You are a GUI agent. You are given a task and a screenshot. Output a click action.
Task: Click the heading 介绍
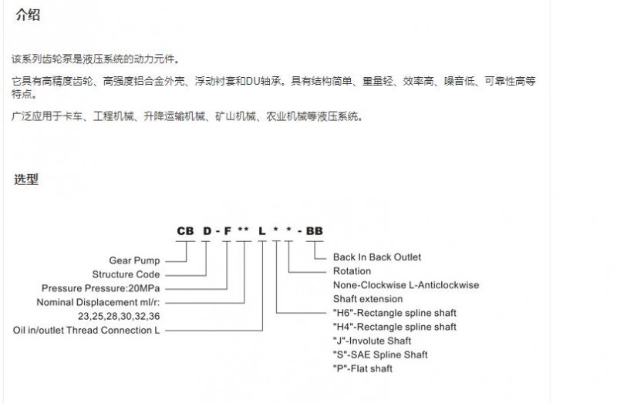pyautogui.click(x=28, y=15)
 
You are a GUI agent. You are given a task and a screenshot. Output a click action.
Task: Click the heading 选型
pyautogui.click(x=26, y=180)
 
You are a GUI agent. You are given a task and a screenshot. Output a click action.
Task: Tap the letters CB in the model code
pyautogui.click(x=185, y=231)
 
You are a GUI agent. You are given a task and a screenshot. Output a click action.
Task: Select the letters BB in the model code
pyautogui.click(x=315, y=231)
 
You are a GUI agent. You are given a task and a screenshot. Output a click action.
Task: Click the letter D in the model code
pyautogui.click(x=207, y=231)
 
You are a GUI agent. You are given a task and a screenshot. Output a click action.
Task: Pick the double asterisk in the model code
pyautogui.click(x=243, y=230)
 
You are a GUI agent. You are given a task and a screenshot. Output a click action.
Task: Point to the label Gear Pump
pyautogui.click(x=134, y=260)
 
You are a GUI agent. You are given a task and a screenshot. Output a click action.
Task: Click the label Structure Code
pyautogui.click(x=126, y=274)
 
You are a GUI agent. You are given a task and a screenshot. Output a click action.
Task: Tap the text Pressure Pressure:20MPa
pyautogui.click(x=101, y=288)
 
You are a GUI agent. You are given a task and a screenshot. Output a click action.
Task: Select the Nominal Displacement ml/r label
pyautogui.click(x=99, y=302)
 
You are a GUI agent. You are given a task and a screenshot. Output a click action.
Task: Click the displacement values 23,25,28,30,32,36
pyautogui.click(x=119, y=316)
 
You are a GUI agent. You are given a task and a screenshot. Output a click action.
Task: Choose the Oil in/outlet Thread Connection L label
pyautogui.click(x=86, y=331)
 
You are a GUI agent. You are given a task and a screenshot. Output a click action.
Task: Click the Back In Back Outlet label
pyautogui.click(x=377, y=257)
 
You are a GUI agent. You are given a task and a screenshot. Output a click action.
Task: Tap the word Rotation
pyautogui.click(x=352, y=271)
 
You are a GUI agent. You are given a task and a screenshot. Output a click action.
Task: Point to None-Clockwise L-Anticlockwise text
pyautogui.click(x=406, y=285)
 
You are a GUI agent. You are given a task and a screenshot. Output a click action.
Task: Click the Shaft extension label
pyautogui.click(x=368, y=299)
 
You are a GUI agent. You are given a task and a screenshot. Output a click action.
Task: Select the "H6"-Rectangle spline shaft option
pyautogui.click(x=395, y=313)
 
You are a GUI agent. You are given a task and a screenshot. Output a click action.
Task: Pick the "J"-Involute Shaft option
pyautogui.click(x=372, y=341)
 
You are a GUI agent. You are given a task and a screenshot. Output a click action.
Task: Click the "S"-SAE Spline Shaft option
pyautogui.click(x=380, y=354)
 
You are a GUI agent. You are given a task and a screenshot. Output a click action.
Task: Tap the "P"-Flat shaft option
pyautogui.click(x=362, y=369)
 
